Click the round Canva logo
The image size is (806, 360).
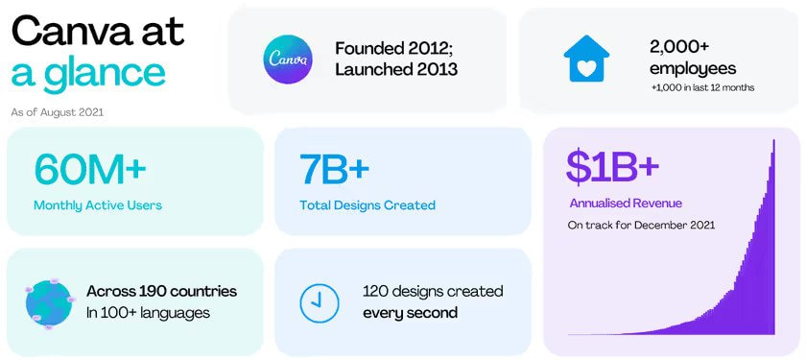click(x=288, y=60)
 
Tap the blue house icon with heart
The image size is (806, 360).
click(x=585, y=60)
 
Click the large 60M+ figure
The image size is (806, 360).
click(x=90, y=169)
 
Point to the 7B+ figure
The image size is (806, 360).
click(x=334, y=169)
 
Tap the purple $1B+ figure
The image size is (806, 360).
click(x=612, y=166)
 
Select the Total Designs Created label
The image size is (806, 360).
click(x=367, y=204)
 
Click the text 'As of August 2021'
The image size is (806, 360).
click(x=58, y=112)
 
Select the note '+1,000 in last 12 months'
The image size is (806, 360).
click(x=702, y=88)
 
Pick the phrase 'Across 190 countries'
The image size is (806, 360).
click(x=161, y=291)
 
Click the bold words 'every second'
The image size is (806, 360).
click(x=410, y=313)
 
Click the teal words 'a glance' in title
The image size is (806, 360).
click(x=88, y=74)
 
